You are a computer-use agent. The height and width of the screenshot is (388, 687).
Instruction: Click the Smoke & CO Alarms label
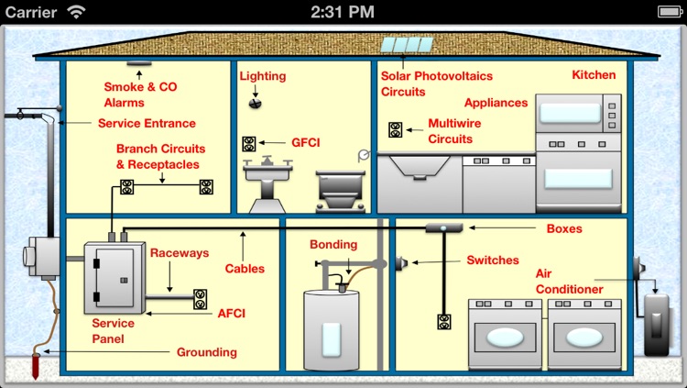pyautogui.click(x=140, y=94)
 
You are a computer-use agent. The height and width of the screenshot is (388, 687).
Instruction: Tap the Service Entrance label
pyautogui.click(x=147, y=123)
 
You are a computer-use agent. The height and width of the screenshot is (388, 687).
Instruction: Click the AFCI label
pyautogui.click(x=232, y=313)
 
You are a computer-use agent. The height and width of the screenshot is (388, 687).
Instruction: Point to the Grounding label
pyautogui.click(x=206, y=351)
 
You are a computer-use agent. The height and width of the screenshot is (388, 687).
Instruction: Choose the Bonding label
pyautogui.click(x=333, y=245)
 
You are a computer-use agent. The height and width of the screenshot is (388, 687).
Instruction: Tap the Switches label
pyautogui.click(x=492, y=261)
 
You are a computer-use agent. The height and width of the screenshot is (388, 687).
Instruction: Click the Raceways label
pyautogui.click(x=180, y=253)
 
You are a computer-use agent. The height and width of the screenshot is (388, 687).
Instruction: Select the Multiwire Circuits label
pyautogui.click(x=454, y=131)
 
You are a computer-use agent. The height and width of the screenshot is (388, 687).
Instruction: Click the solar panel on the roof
pyautogui.click(x=407, y=45)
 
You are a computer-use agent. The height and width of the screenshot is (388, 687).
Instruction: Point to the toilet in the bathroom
pyautogui.click(x=339, y=190)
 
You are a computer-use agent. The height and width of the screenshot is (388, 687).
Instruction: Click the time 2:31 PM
pyautogui.click(x=343, y=12)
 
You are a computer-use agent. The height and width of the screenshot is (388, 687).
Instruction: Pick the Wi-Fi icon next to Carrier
pyautogui.click(x=77, y=12)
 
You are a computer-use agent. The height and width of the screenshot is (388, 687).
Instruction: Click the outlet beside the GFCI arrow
pyautogui.click(x=249, y=144)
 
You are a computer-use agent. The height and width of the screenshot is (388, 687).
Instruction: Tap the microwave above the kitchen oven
pyautogui.click(x=578, y=113)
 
